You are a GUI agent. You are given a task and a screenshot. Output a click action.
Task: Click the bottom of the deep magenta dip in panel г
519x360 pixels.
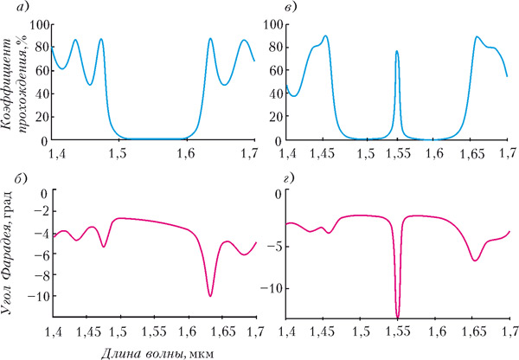click(398, 317)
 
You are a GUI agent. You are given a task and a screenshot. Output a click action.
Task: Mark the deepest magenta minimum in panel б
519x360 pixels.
click(210, 296)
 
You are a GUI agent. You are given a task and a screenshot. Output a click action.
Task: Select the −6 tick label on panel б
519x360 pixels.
click(38, 254)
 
